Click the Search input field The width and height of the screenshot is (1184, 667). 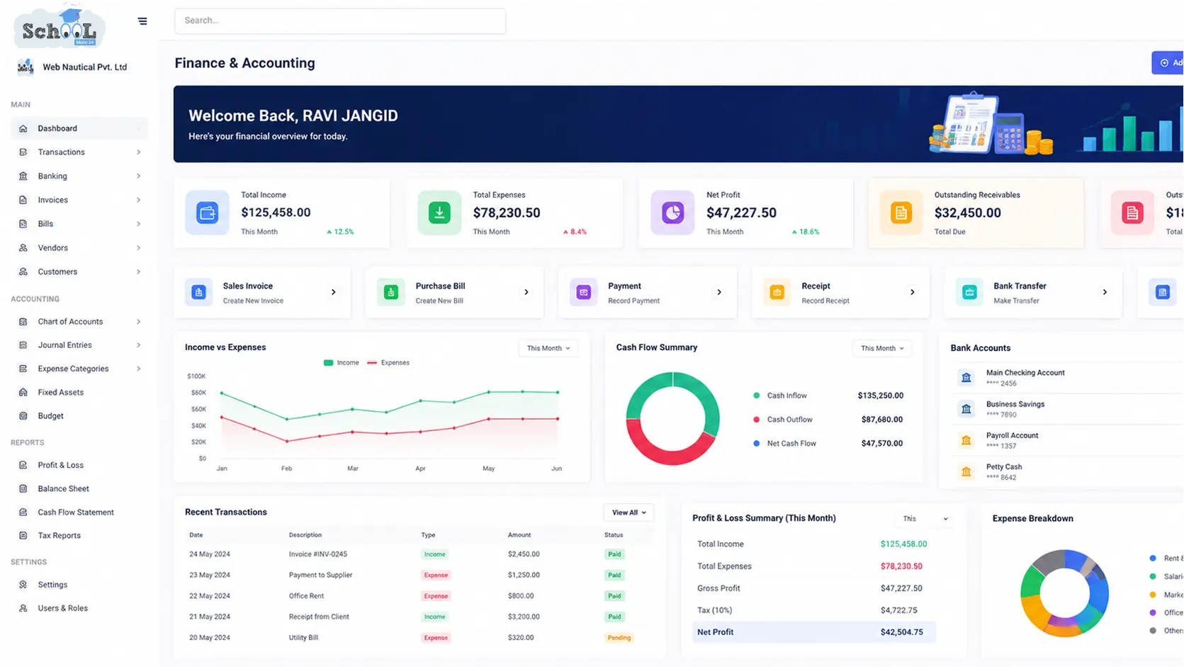point(340,21)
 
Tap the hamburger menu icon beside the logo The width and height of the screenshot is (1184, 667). point(142,21)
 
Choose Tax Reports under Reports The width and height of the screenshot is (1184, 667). point(60,535)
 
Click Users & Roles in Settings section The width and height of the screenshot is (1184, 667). point(62,607)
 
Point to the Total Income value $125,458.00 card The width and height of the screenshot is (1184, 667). point(276,212)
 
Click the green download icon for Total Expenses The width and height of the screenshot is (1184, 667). point(439,213)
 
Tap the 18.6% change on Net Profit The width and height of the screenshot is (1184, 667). point(806,232)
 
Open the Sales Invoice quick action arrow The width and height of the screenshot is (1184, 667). point(334,292)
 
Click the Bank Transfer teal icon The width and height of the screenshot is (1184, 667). point(969,292)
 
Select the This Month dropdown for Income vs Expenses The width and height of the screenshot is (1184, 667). point(548,348)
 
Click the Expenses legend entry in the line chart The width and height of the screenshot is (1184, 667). point(388,362)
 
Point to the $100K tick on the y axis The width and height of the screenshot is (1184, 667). point(196,376)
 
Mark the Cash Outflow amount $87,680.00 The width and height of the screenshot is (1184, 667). point(881,420)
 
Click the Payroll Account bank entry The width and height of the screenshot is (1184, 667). point(1013,440)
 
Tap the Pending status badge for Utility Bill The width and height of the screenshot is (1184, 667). point(619,637)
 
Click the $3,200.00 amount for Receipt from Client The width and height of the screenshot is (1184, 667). point(524,617)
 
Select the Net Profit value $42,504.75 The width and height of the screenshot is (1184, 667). point(902,632)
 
